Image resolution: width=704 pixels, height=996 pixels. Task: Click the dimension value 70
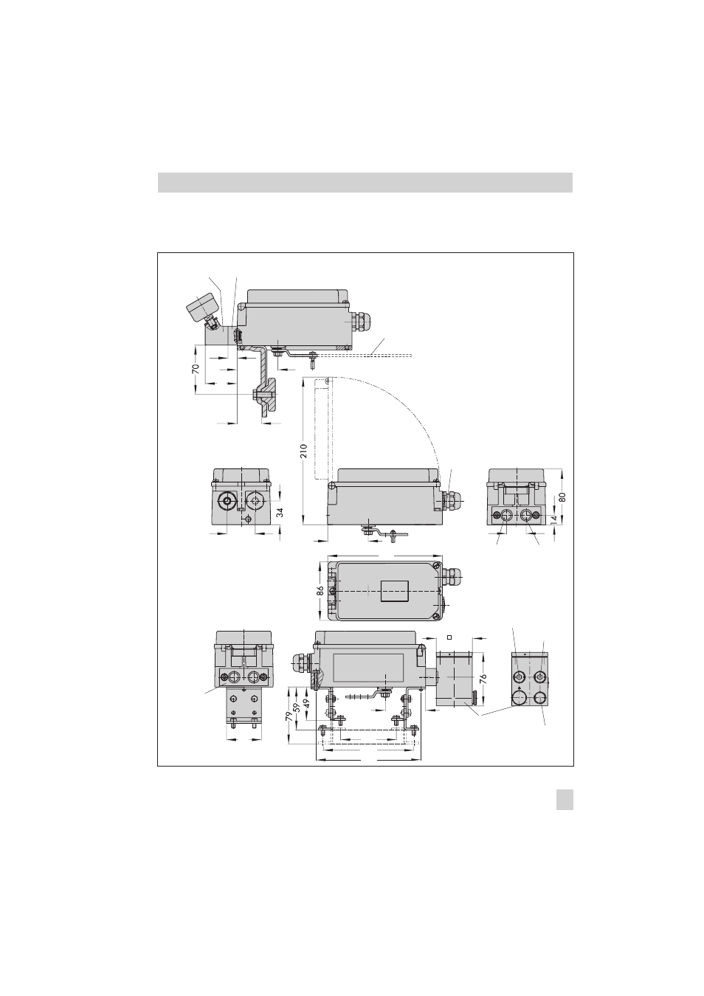196,369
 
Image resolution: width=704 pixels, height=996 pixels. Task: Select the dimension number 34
280,512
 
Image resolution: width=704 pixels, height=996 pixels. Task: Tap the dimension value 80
562,497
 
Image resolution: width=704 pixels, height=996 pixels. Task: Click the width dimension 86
320,591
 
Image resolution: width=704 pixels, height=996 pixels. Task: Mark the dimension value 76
483,679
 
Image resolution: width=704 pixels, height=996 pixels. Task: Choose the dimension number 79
289,716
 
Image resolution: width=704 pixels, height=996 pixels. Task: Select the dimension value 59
297,707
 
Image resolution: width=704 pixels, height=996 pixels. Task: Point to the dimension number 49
306,703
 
